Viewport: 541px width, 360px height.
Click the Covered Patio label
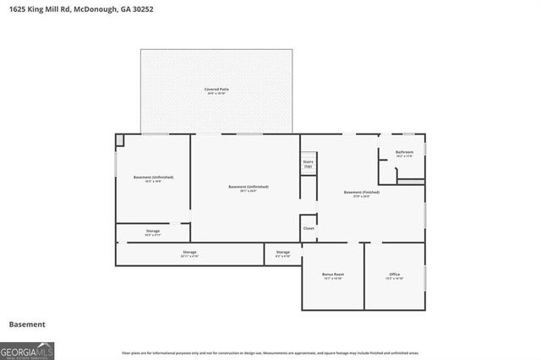pos(216,89)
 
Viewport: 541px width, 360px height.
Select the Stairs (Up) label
pos(309,164)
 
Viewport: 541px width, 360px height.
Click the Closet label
pos(309,228)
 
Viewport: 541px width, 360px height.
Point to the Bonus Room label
pos(333,275)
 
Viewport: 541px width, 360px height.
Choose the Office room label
pos(395,275)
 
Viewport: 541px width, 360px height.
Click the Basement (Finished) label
pos(362,193)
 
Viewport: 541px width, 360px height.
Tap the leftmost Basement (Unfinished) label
pos(153,177)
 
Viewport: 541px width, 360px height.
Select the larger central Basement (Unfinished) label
pos(249,186)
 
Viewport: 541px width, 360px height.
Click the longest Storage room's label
pos(189,252)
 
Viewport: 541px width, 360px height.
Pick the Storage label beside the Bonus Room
pos(282,252)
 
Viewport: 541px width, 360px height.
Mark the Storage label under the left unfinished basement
pos(152,231)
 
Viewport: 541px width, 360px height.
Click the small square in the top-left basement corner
pos(120,139)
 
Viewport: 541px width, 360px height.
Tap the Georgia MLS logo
pos(27,349)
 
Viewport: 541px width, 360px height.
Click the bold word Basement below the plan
pos(27,325)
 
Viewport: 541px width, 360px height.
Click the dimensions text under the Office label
pos(395,279)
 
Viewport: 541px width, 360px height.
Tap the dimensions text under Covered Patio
pos(216,94)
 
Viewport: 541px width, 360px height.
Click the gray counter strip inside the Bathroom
pos(411,181)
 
